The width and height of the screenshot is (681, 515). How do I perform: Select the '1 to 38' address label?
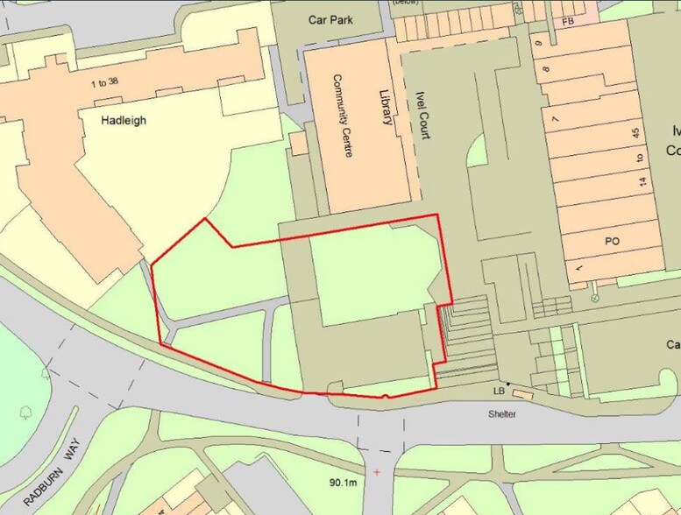pyautogui.click(x=103, y=83)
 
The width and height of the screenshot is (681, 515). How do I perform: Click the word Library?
pyautogui.click(x=384, y=107)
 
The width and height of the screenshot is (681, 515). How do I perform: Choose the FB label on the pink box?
pyautogui.click(x=568, y=18)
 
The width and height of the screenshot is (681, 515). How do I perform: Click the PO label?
pyautogui.click(x=612, y=240)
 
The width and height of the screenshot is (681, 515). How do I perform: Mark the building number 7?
pyautogui.click(x=554, y=118)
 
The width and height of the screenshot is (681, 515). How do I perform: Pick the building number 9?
pyautogui.click(x=545, y=41)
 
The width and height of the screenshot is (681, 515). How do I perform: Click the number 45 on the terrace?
pyautogui.click(x=637, y=133)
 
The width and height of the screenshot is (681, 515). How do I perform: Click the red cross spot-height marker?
pyautogui.click(x=378, y=472)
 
